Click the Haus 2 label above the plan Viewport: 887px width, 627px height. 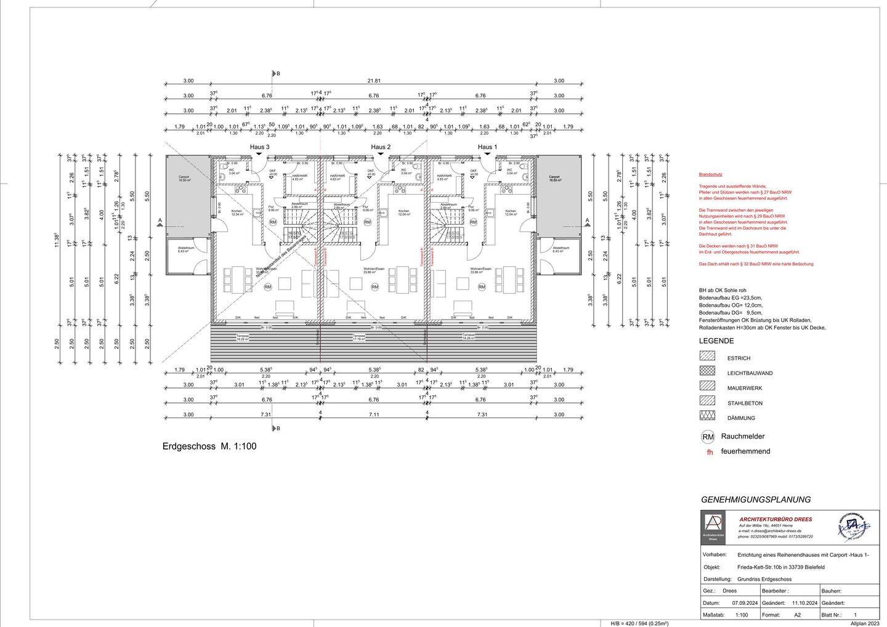point(381,147)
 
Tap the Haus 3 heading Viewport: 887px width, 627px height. point(259,147)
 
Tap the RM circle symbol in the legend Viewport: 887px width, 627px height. point(708,437)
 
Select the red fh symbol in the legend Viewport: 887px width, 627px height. point(710,452)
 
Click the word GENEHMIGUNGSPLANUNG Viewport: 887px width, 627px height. point(756,500)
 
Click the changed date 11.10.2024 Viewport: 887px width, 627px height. point(804,603)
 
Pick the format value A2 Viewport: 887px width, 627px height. point(797,615)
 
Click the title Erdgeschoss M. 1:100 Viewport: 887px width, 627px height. point(209,447)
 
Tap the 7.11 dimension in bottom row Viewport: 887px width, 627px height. point(374,415)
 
